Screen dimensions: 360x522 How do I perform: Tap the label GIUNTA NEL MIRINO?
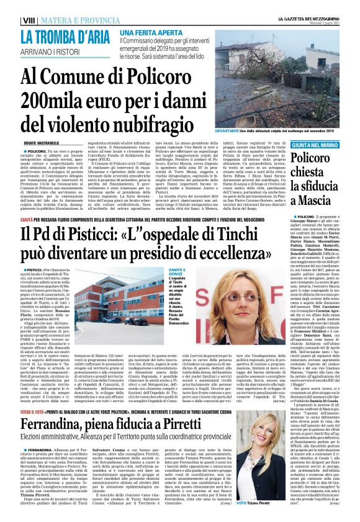pyautogui.click(x=312, y=143)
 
